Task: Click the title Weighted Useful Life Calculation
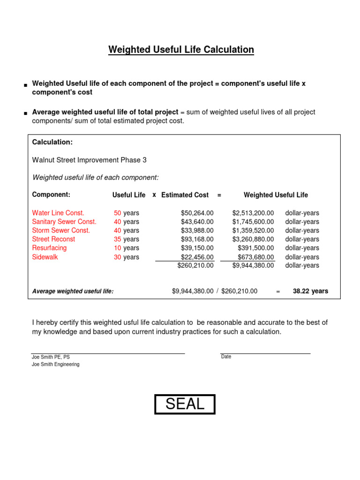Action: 181,50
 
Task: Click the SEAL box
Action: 185,404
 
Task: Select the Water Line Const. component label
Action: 58,213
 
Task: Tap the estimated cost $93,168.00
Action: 197,239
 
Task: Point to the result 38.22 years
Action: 310,291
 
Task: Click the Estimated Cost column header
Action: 185,195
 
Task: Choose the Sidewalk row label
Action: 45,257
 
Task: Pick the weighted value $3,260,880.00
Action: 253,239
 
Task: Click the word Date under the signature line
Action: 226,357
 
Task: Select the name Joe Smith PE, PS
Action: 51,357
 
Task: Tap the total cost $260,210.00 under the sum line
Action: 195,265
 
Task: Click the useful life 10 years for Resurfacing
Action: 126,248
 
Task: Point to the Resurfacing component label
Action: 49,248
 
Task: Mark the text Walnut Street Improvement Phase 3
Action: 89,160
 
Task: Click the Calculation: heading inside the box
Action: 52,142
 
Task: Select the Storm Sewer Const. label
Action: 61,230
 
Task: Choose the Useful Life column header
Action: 129,195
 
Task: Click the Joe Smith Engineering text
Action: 55,364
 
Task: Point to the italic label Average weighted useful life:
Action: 73,291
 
